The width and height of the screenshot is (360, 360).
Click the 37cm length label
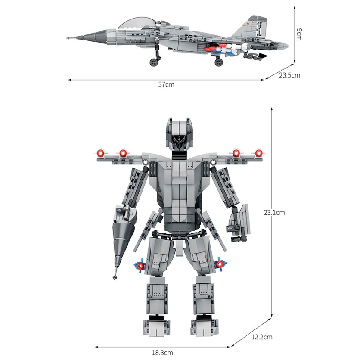(166, 84)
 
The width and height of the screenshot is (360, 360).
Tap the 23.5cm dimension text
(289, 75)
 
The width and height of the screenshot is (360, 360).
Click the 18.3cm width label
(162, 353)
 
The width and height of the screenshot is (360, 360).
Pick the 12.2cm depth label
(263, 337)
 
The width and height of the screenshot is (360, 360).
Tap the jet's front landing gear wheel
(154, 63)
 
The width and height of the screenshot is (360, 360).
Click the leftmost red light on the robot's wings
(101, 153)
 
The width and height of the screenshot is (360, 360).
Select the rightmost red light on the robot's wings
(259, 153)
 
